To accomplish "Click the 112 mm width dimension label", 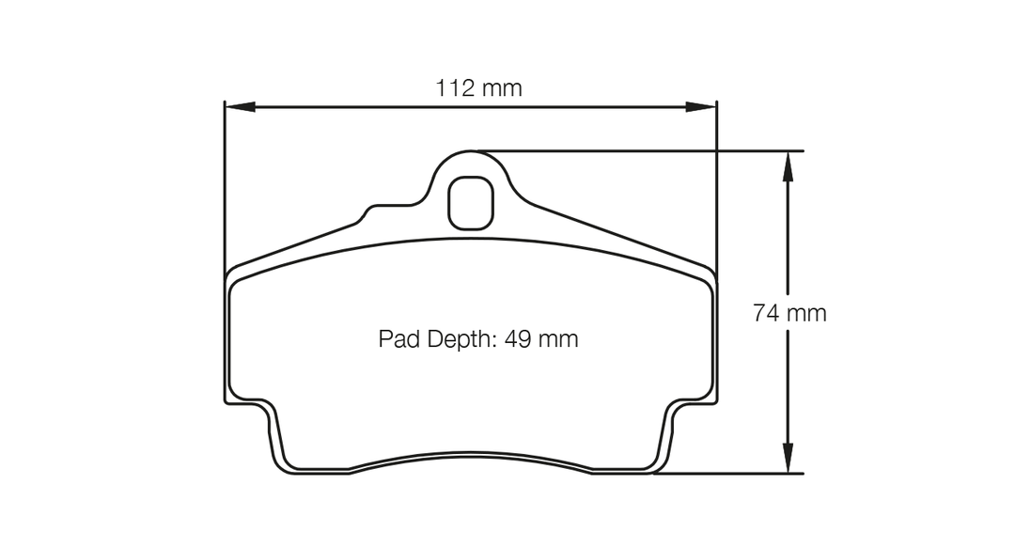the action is click(x=478, y=88).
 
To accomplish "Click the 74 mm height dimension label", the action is click(x=789, y=313).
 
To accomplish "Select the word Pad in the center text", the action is click(x=399, y=338).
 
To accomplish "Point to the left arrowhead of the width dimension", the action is click(x=240, y=107).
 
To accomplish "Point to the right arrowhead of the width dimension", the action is click(x=702, y=107).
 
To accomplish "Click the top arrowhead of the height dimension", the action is click(x=788, y=166).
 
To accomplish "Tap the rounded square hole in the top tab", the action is click(x=471, y=203).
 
